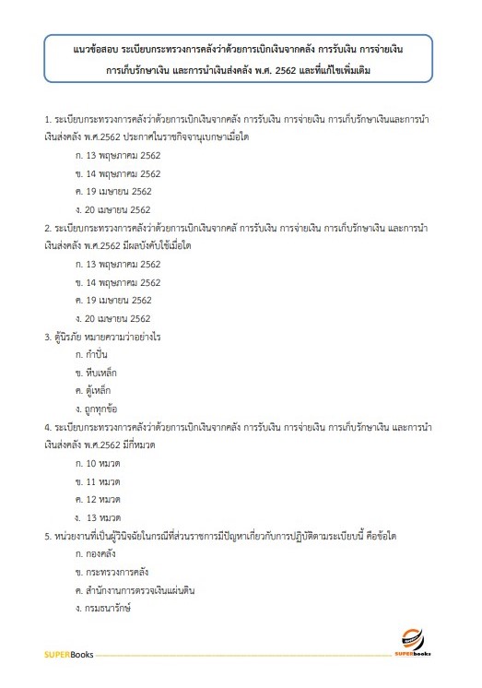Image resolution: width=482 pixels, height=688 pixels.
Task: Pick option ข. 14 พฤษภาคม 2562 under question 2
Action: pyautogui.click(x=118, y=282)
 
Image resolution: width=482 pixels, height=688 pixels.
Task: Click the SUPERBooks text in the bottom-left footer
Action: pyautogui.click(x=64, y=656)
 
